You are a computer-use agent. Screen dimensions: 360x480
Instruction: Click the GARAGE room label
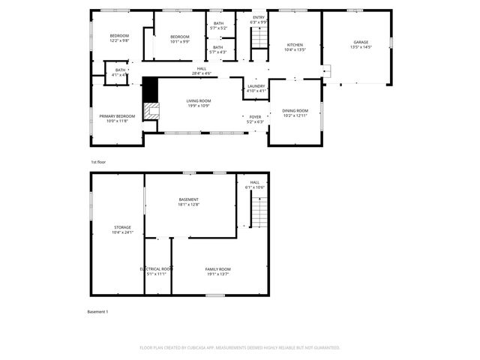click(x=356, y=42)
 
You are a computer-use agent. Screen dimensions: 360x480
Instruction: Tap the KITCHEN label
click(x=295, y=45)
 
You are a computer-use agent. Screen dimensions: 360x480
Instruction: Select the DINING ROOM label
click(x=295, y=111)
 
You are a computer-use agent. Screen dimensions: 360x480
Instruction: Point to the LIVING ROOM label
click(x=198, y=101)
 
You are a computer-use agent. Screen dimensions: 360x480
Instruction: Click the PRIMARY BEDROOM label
click(x=117, y=116)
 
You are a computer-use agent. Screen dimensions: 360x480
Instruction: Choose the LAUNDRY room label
click(x=256, y=87)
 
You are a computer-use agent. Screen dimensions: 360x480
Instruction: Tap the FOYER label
click(x=256, y=117)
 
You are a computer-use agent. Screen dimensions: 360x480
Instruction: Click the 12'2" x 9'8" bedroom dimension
click(x=119, y=41)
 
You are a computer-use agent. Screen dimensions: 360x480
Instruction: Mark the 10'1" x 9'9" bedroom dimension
click(x=179, y=42)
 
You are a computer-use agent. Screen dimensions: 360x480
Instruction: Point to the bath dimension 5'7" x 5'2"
click(x=218, y=28)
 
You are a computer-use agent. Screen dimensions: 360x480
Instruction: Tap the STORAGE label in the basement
click(x=122, y=227)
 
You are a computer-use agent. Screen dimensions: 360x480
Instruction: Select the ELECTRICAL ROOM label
click(x=157, y=268)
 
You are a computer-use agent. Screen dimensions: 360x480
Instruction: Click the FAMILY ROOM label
click(x=218, y=268)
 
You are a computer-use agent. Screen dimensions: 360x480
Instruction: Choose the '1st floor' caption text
click(x=98, y=162)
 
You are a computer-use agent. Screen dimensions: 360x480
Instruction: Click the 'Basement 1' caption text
click(x=98, y=311)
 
